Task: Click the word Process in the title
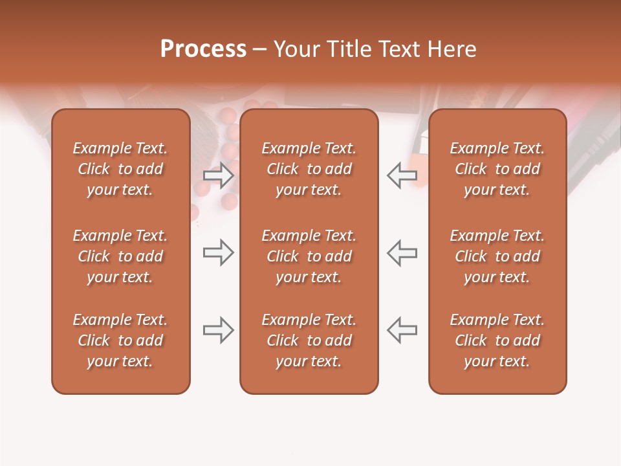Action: click(x=203, y=49)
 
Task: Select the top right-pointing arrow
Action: click(x=218, y=175)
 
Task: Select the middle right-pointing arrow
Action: click(x=218, y=252)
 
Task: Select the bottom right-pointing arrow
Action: click(x=218, y=330)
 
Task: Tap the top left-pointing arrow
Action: click(x=402, y=175)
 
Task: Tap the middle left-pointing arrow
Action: click(x=402, y=252)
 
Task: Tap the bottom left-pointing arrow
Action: click(x=402, y=330)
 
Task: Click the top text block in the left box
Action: click(x=120, y=169)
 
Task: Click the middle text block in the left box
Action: click(x=120, y=256)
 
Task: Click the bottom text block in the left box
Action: click(x=120, y=340)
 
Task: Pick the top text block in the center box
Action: click(x=309, y=169)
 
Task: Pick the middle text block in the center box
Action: click(x=309, y=256)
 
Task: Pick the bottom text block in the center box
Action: click(x=309, y=340)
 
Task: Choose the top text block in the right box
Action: click(x=497, y=169)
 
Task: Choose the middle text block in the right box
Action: click(x=497, y=256)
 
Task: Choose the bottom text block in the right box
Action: click(x=497, y=340)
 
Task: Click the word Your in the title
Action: click(x=295, y=49)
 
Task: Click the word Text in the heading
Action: click(x=399, y=49)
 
